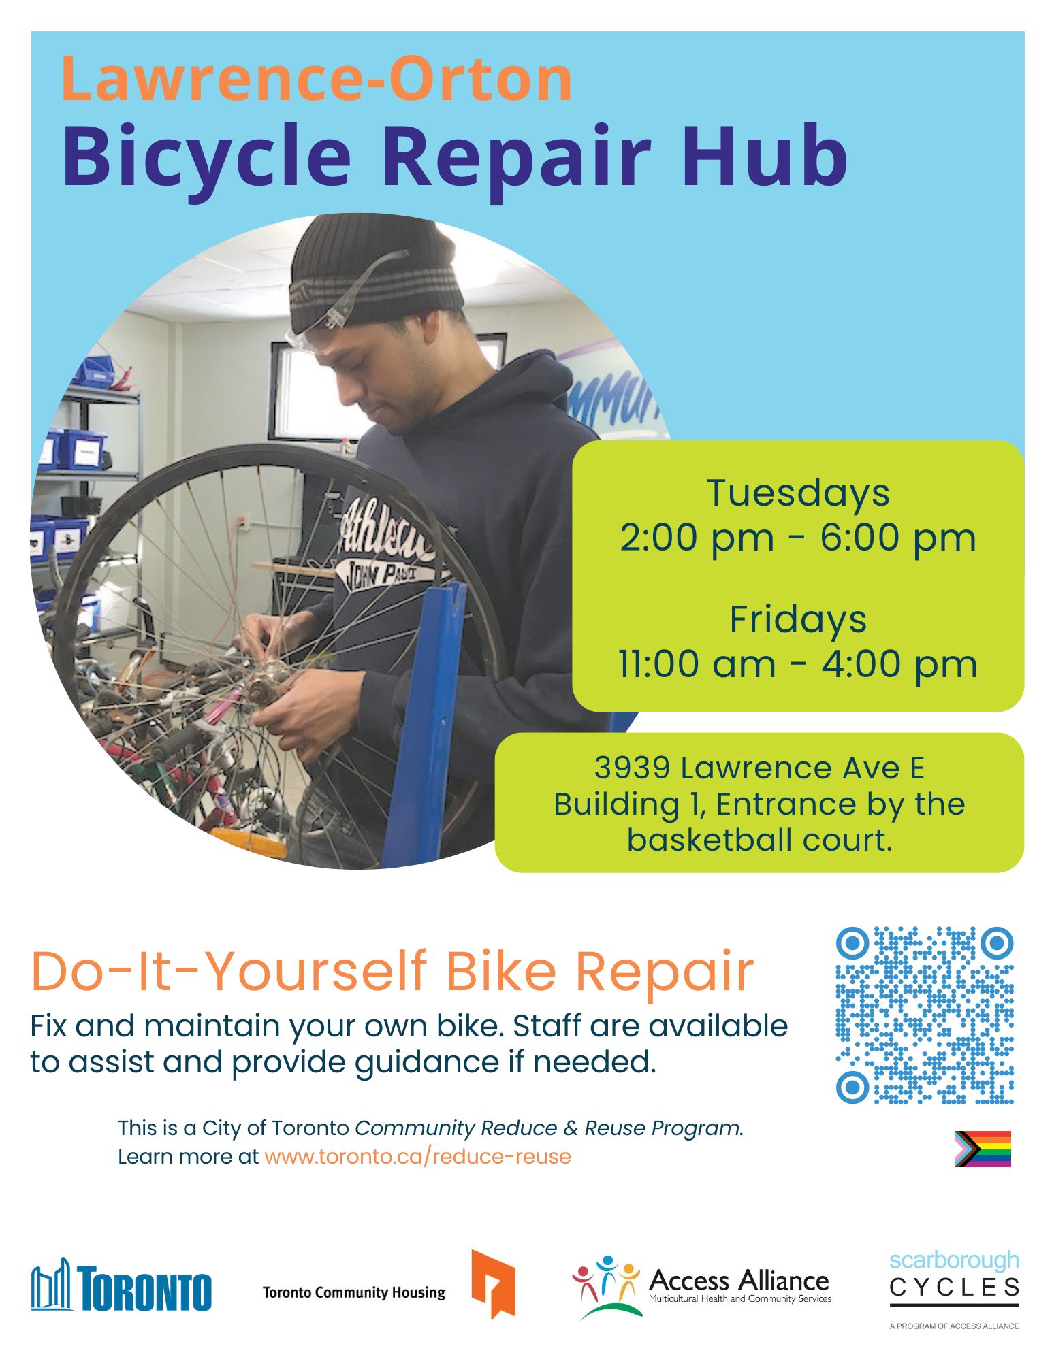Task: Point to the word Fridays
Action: pos(798,619)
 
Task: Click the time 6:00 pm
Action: pos(898,538)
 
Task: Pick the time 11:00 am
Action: pos(697,664)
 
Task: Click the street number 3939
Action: pos(632,768)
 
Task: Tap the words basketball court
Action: pos(759,840)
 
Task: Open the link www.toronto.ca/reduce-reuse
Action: pos(417,1156)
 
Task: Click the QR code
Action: pos(925,1015)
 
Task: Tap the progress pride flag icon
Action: pos(983,1149)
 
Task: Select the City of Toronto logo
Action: pos(121,1285)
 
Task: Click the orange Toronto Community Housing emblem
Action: pos(493,1283)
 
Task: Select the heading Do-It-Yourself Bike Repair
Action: pos(392,971)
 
